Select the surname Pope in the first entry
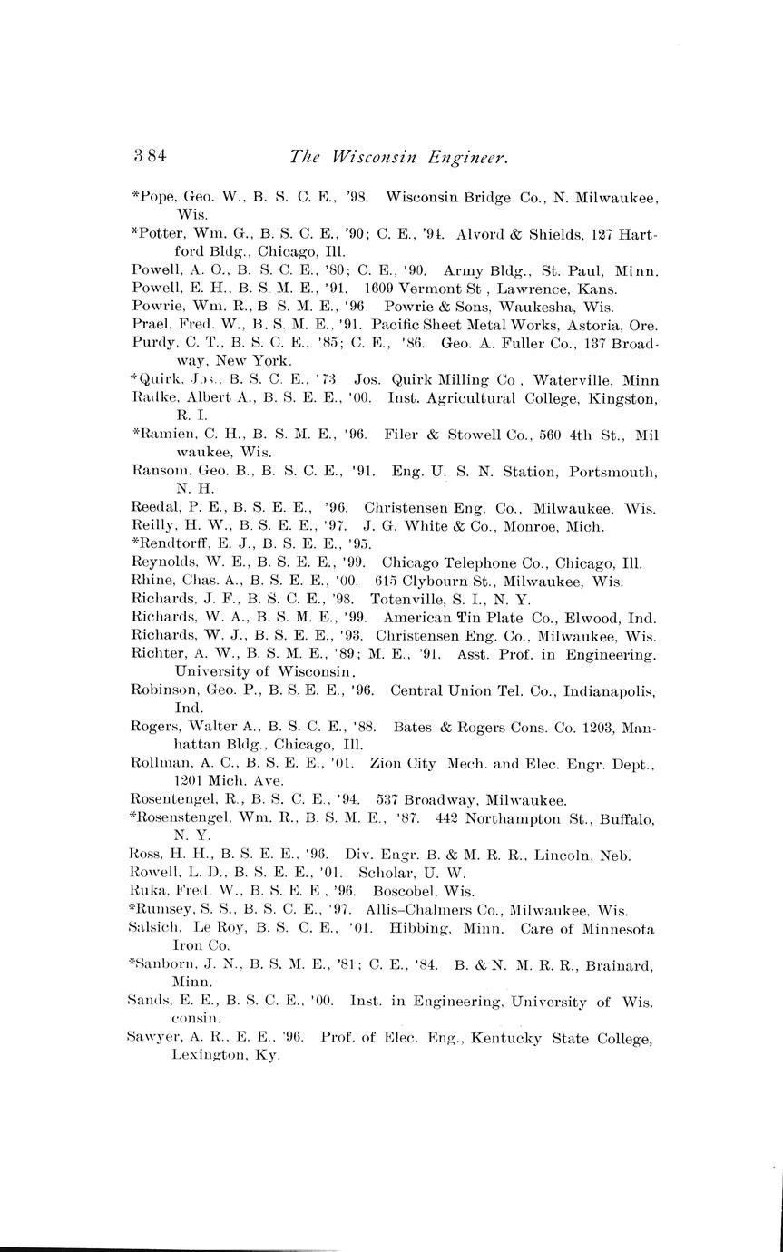tap(157, 197)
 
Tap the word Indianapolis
tap(609, 690)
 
